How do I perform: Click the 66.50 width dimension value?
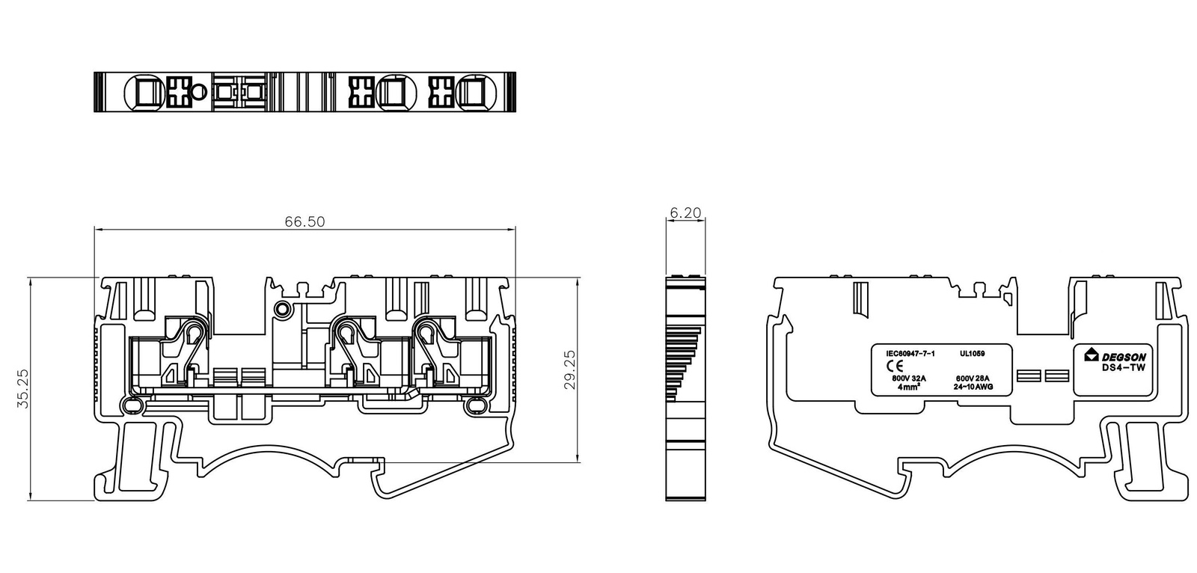coord(304,221)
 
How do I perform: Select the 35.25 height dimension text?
coord(23,388)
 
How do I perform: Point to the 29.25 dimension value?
coord(570,370)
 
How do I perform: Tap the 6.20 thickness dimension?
coord(685,212)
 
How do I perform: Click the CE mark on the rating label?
coord(895,366)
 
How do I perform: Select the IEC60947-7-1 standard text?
coord(910,353)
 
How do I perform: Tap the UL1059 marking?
coord(972,353)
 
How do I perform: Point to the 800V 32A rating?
coord(909,379)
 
